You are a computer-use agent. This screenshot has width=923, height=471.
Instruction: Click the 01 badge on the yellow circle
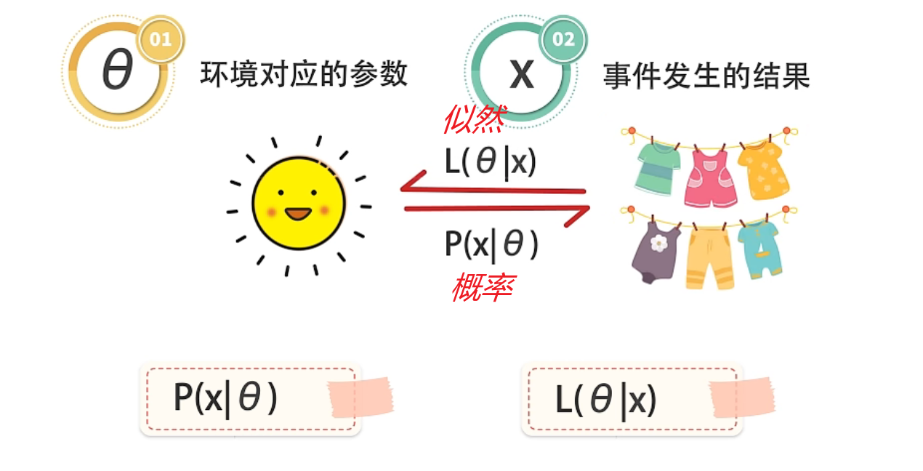(x=160, y=39)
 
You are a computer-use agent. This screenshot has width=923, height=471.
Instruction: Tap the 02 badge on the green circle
(x=563, y=39)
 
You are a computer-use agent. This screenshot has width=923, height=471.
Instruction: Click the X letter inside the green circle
(x=521, y=73)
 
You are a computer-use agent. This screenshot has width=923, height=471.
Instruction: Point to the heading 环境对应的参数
(x=304, y=74)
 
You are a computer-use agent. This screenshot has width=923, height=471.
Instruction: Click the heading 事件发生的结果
(x=706, y=76)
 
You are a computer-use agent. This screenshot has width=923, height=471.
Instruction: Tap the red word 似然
(x=473, y=119)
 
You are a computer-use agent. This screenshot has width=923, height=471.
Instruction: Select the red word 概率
(x=482, y=288)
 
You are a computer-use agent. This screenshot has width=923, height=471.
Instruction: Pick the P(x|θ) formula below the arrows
(x=491, y=245)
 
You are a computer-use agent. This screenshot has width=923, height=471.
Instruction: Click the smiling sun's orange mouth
(x=298, y=214)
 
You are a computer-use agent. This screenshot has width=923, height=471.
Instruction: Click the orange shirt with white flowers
(x=763, y=169)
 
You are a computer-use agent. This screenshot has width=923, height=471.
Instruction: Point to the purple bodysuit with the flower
(x=656, y=250)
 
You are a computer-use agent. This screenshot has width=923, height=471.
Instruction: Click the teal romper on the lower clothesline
(x=760, y=247)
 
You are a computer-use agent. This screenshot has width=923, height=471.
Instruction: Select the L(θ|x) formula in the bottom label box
(x=606, y=399)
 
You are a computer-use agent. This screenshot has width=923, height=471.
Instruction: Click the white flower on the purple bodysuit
(x=658, y=243)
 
